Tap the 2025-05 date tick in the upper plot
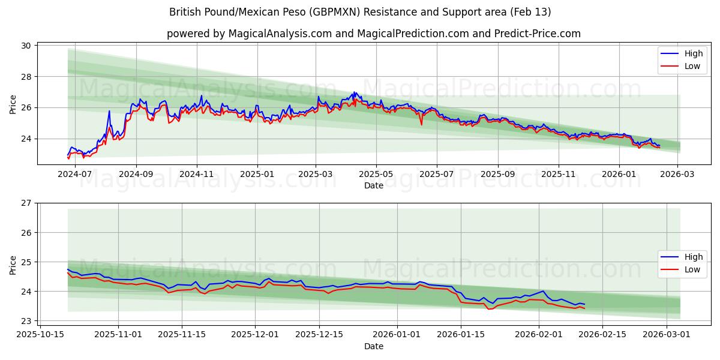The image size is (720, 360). pyautogui.click(x=376, y=174)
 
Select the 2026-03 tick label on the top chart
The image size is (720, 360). pyautogui.click(x=678, y=174)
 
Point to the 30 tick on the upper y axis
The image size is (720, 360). pyautogui.click(x=27, y=46)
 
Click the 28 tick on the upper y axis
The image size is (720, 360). pyautogui.click(x=27, y=77)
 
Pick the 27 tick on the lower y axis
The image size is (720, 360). pyautogui.click(x=27, y=203)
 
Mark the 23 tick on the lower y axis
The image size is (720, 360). pyautogui.click(x=27, y=321)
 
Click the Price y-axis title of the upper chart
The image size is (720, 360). pyautogui.click(x=13, y=104)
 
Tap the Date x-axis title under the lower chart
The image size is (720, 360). pyautogui.click(x=373, y=346)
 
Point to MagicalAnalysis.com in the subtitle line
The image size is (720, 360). pyautogui.click(x=280, y=34)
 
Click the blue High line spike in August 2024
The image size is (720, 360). pyautogui.click(x=109, y=111)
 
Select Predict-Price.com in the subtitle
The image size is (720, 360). pyautogui.click(x=537, y=34)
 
